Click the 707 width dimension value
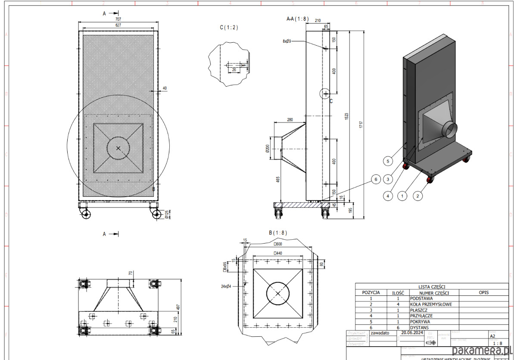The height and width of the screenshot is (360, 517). click(118, 19)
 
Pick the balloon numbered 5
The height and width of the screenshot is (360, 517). click(388, 161)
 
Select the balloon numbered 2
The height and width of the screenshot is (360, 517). click(417, 196)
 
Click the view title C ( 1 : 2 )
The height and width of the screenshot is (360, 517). click(229, 28)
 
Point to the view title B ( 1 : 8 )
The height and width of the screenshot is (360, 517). click(278, 233)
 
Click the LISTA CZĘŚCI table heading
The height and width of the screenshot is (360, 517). click(432, 286)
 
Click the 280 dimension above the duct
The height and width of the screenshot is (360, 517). click(290, 119)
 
